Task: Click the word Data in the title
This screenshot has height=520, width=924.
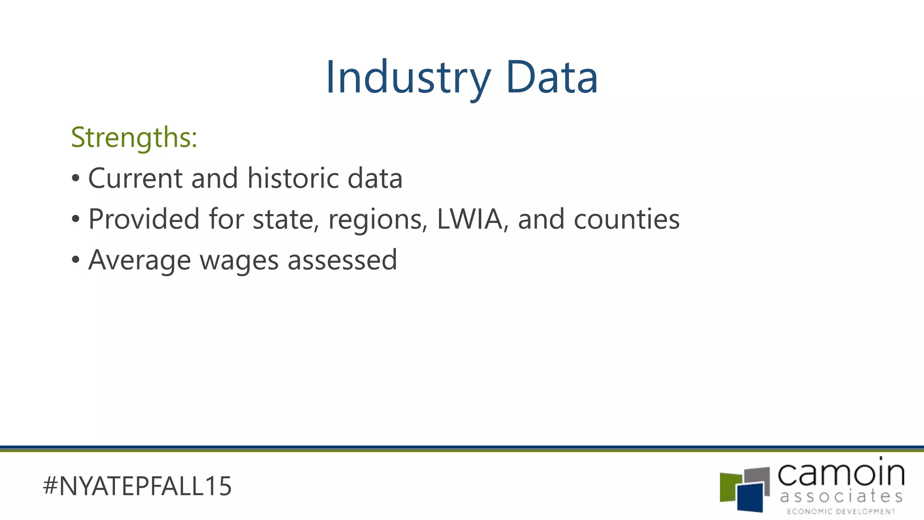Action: pyautogui.click(x=552, y=78)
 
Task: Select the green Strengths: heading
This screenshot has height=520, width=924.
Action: pyautogui.click(x=134, y=137)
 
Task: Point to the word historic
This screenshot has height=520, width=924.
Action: pyautogui.click(x=293, y=178)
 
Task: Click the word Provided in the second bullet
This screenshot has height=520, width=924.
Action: pyautogui.click(x=143, y=219)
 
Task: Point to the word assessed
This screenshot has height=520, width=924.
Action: pyautogui.click(x=342, y=260)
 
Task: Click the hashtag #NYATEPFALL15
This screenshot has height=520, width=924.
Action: pyautogui.click(x=137, y=486)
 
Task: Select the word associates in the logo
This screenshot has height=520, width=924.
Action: pyautogui.click(x=841, y=496)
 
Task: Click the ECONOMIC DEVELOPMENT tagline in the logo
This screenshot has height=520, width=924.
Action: pyautogui.click(x=841, y=511)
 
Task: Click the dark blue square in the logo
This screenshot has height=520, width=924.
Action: pyautogui.click(x=750, y=497)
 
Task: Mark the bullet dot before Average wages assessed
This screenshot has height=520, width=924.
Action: pyautogui.click(x=75, y=260)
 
